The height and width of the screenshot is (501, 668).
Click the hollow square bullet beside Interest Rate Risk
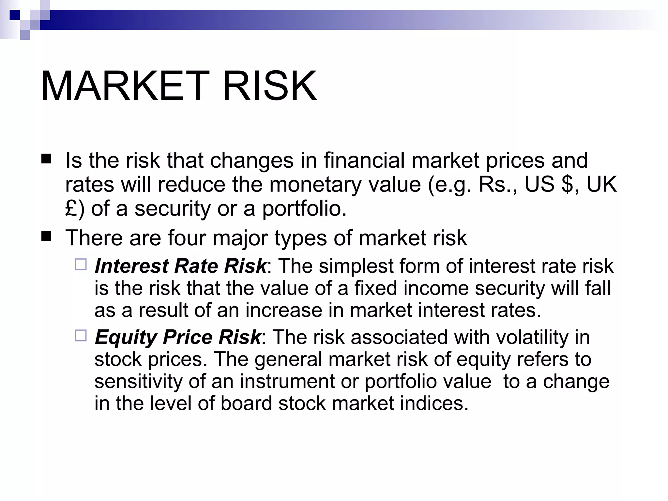coord(81,264)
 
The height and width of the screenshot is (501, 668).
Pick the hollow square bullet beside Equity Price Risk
coord(81,335)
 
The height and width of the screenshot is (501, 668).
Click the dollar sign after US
coord(568,184)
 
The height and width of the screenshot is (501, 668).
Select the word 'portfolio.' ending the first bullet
coord(304,209)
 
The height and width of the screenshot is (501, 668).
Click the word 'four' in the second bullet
coord(187,238)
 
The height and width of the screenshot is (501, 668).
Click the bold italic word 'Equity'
coord(126,337)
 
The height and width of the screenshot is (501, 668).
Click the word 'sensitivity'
coord(138,381)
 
